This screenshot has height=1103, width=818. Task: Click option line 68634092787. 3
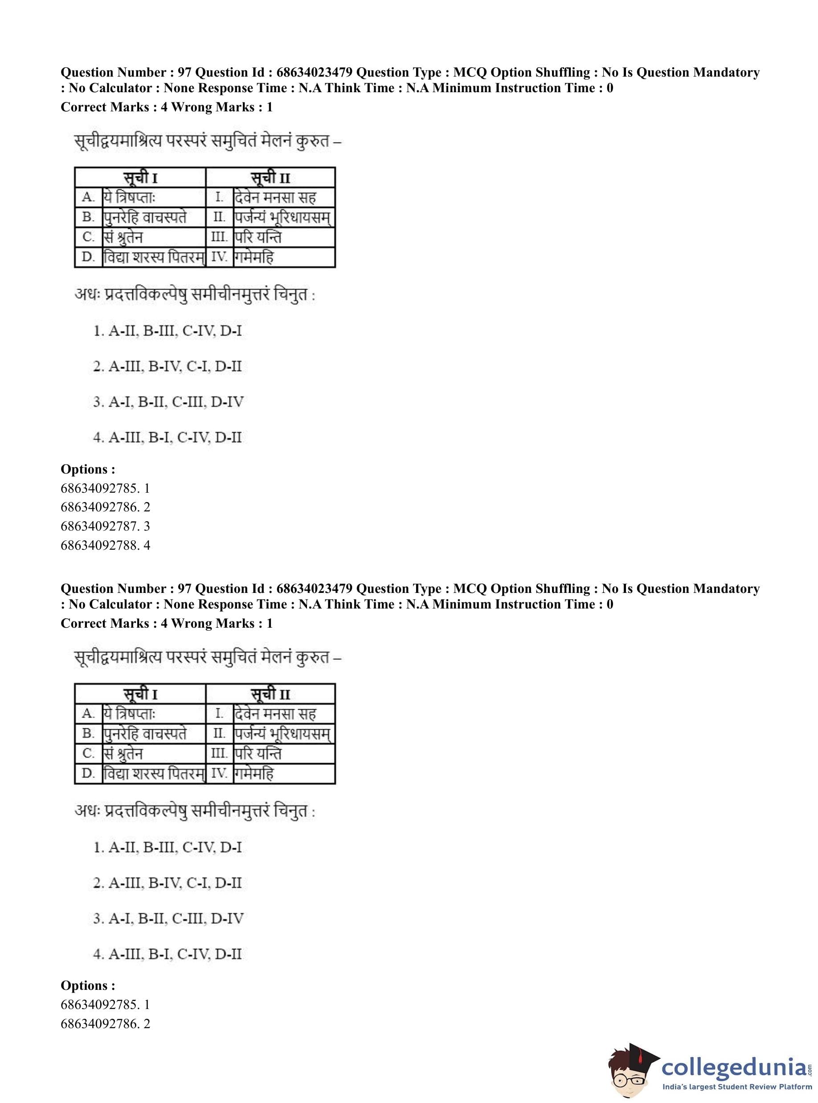click(105, 526)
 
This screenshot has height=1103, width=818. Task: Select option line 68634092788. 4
click(105, 545)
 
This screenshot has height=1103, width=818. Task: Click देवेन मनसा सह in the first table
click(275, 197)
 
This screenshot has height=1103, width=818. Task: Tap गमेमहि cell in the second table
click(254, 774)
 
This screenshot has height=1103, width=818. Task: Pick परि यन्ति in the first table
click(258, 237)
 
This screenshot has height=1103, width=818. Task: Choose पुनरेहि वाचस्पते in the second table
click(145, 734)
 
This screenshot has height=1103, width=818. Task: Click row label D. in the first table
click(88, 257)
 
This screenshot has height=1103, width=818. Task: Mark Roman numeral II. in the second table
click(219, 733)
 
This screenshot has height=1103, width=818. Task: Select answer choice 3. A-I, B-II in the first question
click(168, 402)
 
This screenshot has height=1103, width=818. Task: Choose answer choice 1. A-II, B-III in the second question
click(168, 847)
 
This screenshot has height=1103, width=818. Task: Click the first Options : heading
click(88, 469)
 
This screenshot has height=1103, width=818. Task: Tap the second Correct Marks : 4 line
click(166, 623)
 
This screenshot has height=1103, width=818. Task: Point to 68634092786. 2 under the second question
click(105, 1023)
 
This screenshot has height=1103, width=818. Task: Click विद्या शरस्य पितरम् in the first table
click(154, 257)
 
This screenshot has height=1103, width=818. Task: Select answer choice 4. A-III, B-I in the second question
click(168, 954)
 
